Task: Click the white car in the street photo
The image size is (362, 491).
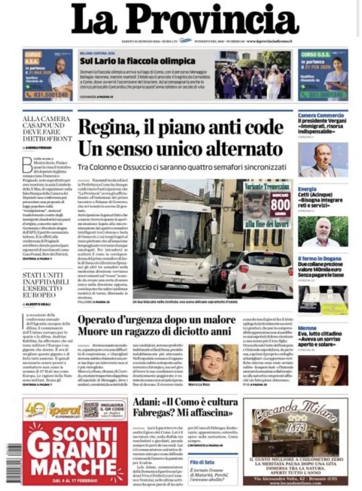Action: pyautogui.click(x=259, y=273)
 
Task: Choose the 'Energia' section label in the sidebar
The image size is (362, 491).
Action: pyautogui.click(x=307, y=189)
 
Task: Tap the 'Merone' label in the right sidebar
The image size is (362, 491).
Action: pyautogui.click(x=307, y=328)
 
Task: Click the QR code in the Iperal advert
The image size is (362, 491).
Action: pyautogui.click(x=90, y=409)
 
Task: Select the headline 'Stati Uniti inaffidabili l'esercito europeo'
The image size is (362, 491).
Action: pyautogui.click(x=47, y=285)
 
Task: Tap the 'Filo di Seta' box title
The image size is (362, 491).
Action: pyautogui.click(x=201, y=462)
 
